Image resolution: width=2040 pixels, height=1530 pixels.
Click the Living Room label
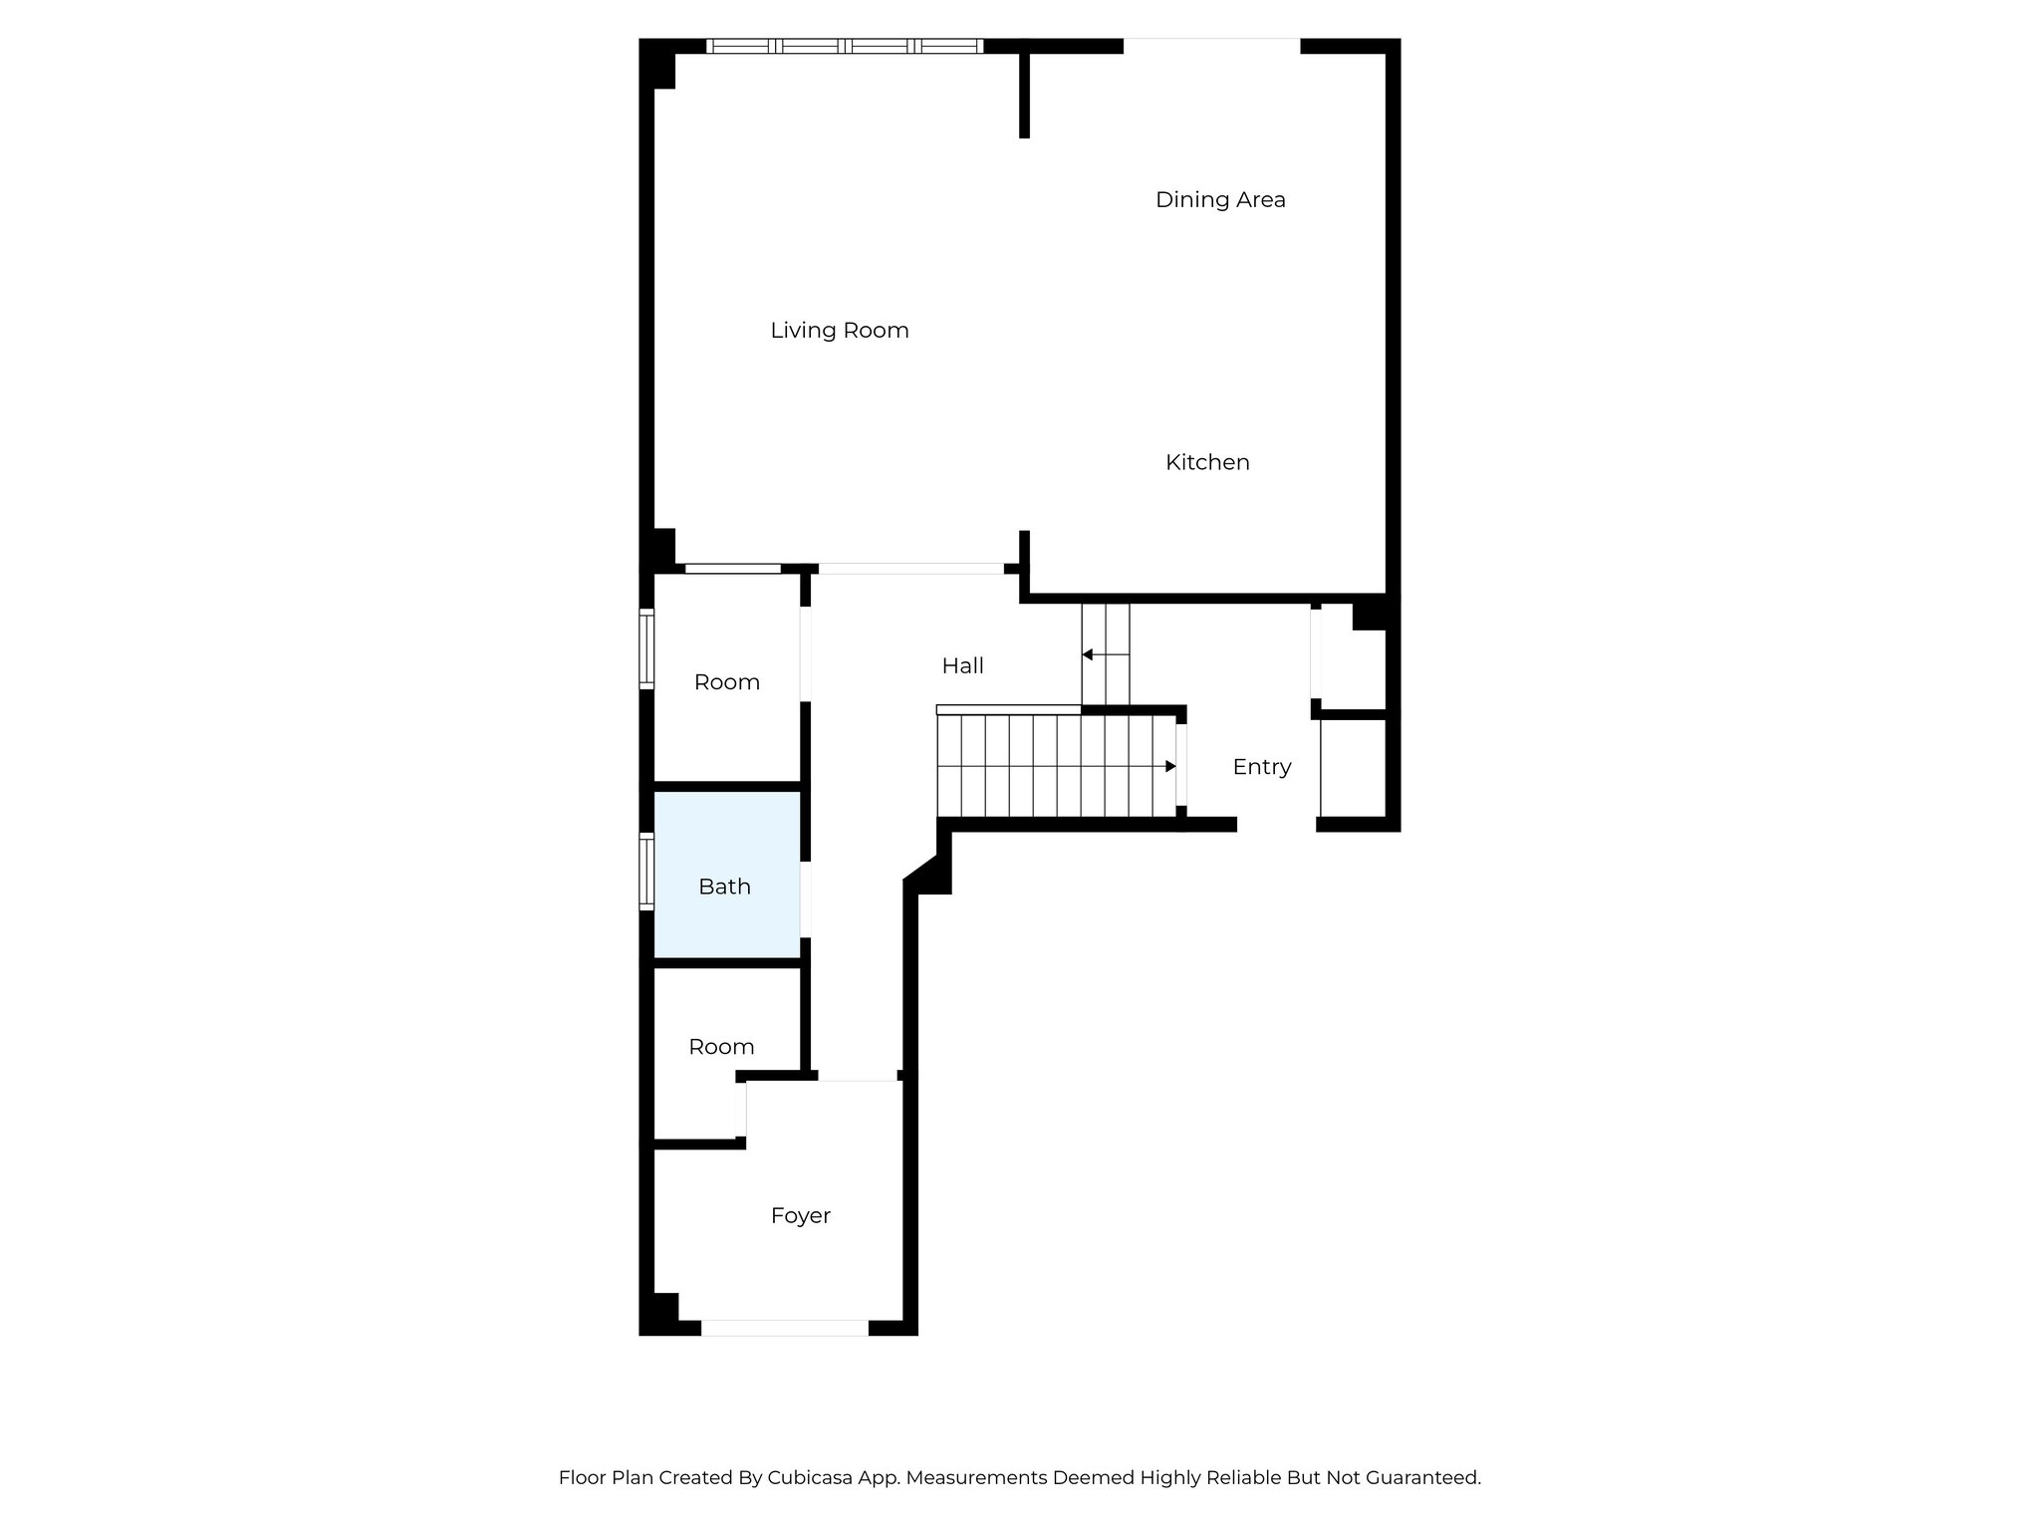pyautogui.click(x=839, y=331)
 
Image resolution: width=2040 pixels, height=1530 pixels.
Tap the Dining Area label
pyautogui.click(x=1219, y=200)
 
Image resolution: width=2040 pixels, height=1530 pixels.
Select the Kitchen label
pyautogui.click(x=1207, y=462)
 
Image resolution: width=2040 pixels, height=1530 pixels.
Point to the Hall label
pyautogui.click(x=962, y=666)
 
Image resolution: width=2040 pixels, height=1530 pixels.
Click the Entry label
pyautogui.click(x=1261, y=767)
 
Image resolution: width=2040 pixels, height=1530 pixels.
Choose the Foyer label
pyautogui.click(x=800, y=1215)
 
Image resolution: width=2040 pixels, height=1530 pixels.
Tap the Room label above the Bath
pyautogui.click(x=726, y=682)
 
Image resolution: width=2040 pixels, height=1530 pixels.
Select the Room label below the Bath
pyautogui.click(x=721, y=1047)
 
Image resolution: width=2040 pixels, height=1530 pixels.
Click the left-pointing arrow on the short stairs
pyautogui.click(x=1088, y=654)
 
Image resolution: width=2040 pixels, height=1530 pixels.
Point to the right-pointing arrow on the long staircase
pyautogui.click(x=1170, y=766)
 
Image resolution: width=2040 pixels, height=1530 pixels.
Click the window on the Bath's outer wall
pyautogui.click(x=646, y=873)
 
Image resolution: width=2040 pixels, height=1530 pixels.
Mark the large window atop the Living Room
pyautogui.click(x=845, y=46)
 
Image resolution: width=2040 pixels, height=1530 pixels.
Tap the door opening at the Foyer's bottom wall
pyautogui.click(x=785, y=1327)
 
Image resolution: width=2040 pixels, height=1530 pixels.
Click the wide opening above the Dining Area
pyautogui.click(x=1211, y=45)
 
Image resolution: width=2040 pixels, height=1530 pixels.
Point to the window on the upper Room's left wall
pyautogui.click(x=646, y=648)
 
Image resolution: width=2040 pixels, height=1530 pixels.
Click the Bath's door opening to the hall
pyautogui.click(x=805, y=898)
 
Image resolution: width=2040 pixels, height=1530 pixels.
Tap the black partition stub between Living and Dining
pyautogui.click(x=1024, y=95)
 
